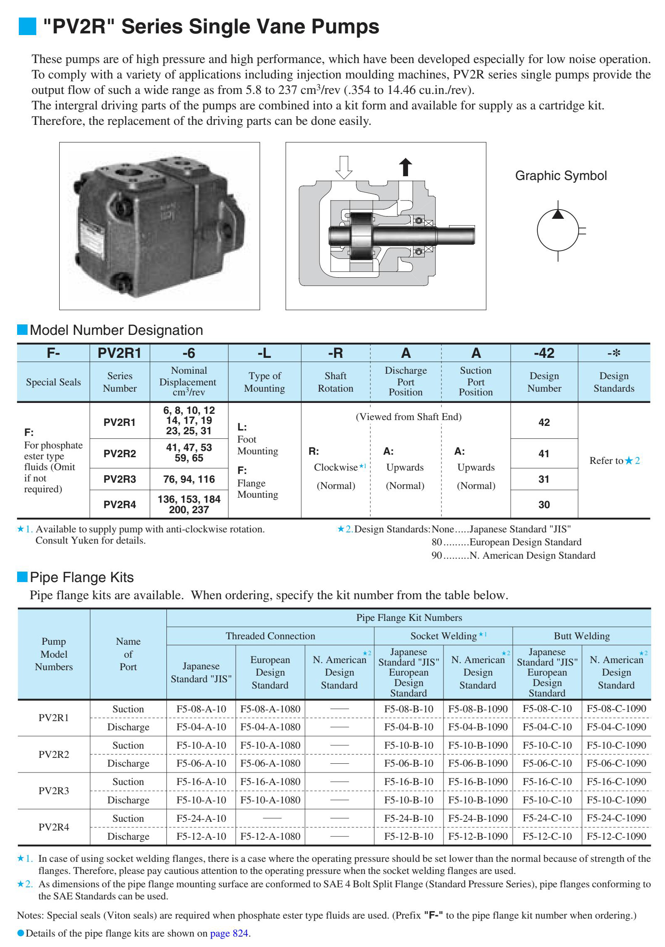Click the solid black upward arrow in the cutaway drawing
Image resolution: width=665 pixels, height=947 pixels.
pos(405,167)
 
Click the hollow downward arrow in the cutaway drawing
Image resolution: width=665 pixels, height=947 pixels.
pos(344,167)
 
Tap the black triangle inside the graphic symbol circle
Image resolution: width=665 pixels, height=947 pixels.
pos(558,214)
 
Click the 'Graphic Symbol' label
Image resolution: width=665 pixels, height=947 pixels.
pos(561,176)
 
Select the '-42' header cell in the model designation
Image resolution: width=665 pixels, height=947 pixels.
pos(544,353)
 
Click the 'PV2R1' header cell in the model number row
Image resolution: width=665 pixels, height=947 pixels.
pos(119,353)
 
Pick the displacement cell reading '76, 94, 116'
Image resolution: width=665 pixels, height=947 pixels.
pos(189,479)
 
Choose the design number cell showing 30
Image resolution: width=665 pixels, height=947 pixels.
pos(544,504)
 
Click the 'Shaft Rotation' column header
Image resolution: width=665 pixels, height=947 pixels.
pos(335,382)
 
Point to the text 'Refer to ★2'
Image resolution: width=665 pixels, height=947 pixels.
pos(614,461)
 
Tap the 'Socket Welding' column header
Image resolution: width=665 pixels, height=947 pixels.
pos(443,636)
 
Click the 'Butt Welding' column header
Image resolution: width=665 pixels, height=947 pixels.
pos(582,636)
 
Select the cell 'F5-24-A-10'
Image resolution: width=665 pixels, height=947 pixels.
pos(201,818)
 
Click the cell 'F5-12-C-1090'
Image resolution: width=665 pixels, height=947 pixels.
pos(616,836)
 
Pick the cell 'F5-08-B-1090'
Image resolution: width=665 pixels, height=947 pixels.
pos(478,709)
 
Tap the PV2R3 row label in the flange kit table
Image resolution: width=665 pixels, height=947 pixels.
pos(54,790)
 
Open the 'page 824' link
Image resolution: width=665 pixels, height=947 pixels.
pos(229,933)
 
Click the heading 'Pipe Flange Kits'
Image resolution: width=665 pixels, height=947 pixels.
pos(82,577)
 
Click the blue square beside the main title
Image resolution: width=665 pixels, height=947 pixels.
pos(28,26)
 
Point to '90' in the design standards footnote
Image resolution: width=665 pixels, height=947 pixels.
pos(436,555)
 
